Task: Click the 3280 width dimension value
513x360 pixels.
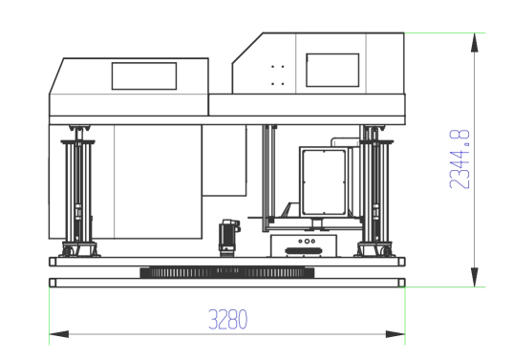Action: click(x=228, y=320)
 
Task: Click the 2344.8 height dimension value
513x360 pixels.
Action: click(x=460, y=159)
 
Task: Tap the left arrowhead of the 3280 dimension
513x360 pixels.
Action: click(x=59, y=334)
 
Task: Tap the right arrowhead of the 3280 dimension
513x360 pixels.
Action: click(x=395, y=334)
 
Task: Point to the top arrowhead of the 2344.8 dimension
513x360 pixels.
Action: click(x=475, y=43)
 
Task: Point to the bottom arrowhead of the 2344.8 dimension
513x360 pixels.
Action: click(x=475, y=277)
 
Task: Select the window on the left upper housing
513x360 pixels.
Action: click(x=144, y=76)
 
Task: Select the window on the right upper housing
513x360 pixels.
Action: click(x=332, y=71)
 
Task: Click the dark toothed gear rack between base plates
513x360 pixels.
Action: click(x=227, y=272)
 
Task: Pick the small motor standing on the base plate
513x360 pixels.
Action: click(x=229, y=238)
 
